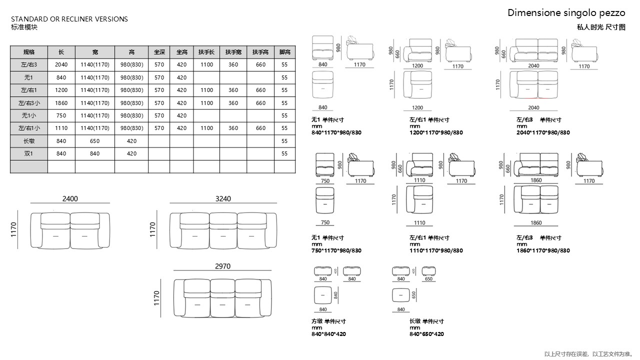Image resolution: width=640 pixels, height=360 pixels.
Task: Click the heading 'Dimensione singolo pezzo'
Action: click(x=566, y=13)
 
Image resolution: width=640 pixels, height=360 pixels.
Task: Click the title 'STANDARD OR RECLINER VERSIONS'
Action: click(x=69, y=19)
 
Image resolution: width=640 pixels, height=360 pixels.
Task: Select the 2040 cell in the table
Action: click(x=61, y=64)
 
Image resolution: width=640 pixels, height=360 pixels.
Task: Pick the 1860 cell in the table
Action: click(x=61, y=103)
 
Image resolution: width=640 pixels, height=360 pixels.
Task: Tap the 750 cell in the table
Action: click(x=61, y=115)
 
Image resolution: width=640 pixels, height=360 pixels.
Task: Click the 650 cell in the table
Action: click(x=95, y=141)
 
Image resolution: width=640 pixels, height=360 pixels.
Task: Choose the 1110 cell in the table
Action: click(x=61, y=128)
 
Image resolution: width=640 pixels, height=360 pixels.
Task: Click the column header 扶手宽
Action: click(x=233, y=52)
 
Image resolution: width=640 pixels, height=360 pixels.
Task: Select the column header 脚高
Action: click(x=284, y=52)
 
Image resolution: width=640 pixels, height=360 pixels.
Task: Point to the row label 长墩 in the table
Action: click(x=29, y=141)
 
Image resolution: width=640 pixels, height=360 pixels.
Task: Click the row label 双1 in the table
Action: click(x=29, y=153)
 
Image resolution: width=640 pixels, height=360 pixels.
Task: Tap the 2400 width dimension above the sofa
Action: click(x=70, y=198)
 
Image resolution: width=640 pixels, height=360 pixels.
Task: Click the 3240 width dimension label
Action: click(x=223, y=198)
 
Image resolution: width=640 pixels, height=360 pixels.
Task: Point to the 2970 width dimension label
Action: click(x=222, y=266)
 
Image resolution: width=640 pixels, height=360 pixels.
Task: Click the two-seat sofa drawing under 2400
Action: click(x=70, y=230)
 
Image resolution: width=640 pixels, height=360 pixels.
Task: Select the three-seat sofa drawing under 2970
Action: click(x=222, y=298)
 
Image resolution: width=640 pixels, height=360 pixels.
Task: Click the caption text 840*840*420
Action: click(x=328, y=334)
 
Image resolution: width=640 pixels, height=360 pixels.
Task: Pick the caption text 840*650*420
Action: click(x=426, y=334)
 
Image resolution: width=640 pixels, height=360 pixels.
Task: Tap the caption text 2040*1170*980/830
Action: click(x=543, y=132)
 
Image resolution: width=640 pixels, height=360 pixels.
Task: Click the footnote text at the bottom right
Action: click(x=588, y=354)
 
